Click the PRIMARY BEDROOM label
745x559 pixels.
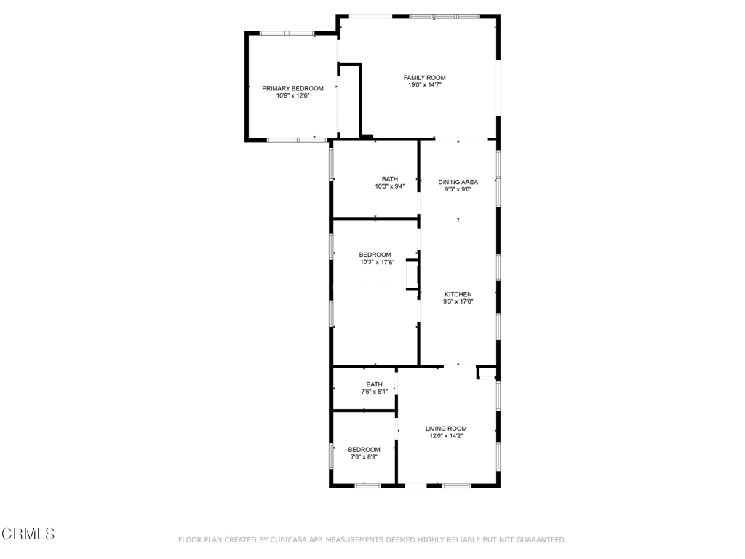(292, 88)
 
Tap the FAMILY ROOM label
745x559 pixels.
(425, 78)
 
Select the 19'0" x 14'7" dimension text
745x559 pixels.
(425, 85)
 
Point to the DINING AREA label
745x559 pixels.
(458, 182)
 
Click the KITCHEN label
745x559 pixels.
(458, 294)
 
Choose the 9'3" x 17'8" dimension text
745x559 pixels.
(458, 301)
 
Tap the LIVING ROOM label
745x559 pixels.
(446, 429)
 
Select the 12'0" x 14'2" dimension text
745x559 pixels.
(446, 436)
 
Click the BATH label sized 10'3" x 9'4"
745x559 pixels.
(390, 179)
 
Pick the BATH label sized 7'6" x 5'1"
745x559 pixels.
(375, 384)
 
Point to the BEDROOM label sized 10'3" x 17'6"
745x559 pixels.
(375, 255)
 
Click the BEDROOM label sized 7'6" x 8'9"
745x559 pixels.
(364, 450)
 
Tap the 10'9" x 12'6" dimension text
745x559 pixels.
(292, 95)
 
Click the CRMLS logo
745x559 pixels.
(28, 534)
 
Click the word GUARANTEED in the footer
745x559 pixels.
(541, 540)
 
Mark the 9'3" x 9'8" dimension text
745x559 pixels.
(458, 189)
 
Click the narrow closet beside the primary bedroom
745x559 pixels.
(350, 100)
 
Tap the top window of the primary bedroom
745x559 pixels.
(287, 33)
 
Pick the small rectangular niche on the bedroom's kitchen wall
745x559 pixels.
(413, 274)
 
